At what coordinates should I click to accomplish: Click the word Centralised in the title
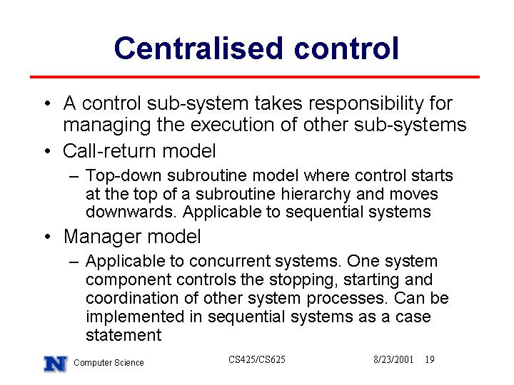(x=198, y=48)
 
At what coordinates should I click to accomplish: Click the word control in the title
(x=346, y=48)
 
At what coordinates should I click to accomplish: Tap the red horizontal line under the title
(x=255, y=77)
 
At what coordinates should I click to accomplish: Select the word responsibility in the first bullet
(x=366, y=104)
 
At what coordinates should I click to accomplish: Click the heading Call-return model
(x=139, y=151)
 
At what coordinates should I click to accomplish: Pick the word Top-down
(x=124, y=176)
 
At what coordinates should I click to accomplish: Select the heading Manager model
(x=132, y=237)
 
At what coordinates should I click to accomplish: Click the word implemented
(x=135, y=317)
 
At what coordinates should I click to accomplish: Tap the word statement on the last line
(x=124, y=335)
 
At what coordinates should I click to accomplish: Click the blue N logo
(x=56, y=364)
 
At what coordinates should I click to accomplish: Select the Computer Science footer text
(x=109, y=363)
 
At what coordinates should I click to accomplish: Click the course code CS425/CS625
(x=257, y=360)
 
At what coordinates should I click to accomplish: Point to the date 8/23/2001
(x=393, y=360)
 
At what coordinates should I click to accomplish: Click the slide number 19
(x=430, y=360)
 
